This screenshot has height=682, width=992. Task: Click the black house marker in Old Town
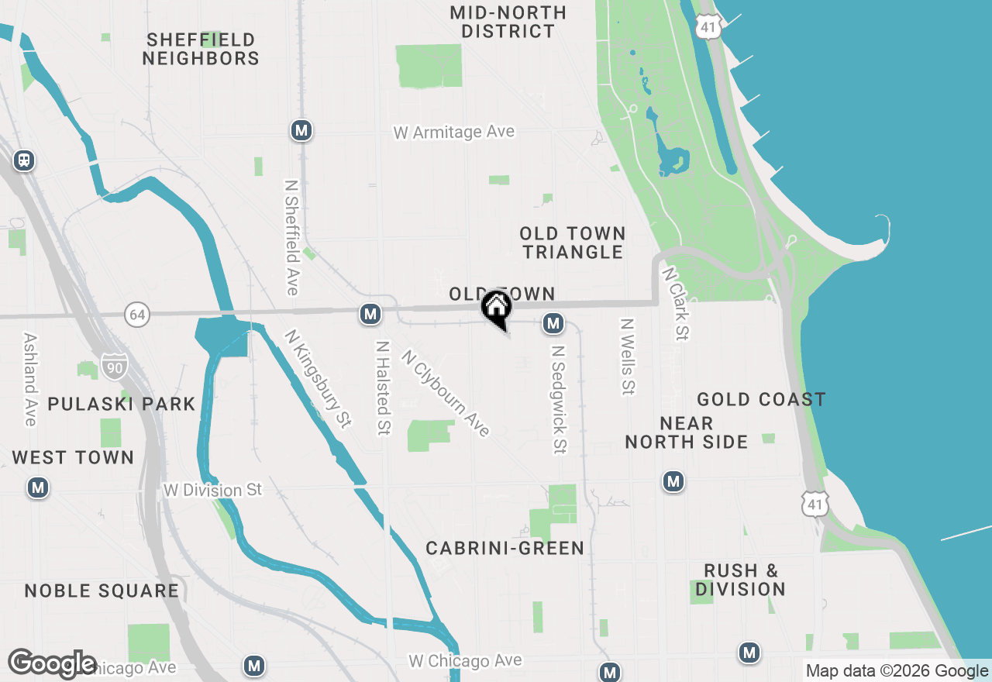coord(496,308)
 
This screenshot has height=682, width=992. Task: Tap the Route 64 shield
coord(136,315)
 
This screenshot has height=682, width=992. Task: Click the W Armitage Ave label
coord(453,133)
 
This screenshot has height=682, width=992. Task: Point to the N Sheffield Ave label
coord(291,238)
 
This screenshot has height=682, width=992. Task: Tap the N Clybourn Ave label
coord(446,392)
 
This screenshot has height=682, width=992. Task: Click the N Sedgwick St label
coord(558,399)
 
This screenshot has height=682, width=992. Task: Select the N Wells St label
coord(627,356)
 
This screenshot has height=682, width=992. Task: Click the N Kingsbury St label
coord(318,378)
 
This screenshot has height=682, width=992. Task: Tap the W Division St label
coord(212,491)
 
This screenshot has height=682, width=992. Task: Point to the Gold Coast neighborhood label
coord(761,400)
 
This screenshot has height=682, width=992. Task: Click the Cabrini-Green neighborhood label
coord(505,549)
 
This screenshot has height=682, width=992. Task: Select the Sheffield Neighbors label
coord(201,49)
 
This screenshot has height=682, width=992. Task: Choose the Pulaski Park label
coord(122,404)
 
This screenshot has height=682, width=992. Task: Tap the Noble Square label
coord(102,591)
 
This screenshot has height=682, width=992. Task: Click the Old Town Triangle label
coord(573,243)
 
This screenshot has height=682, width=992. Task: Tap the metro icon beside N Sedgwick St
coord(553,323)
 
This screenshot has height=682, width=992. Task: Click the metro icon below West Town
coord(37,488)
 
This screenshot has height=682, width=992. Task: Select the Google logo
coord(52,663)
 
